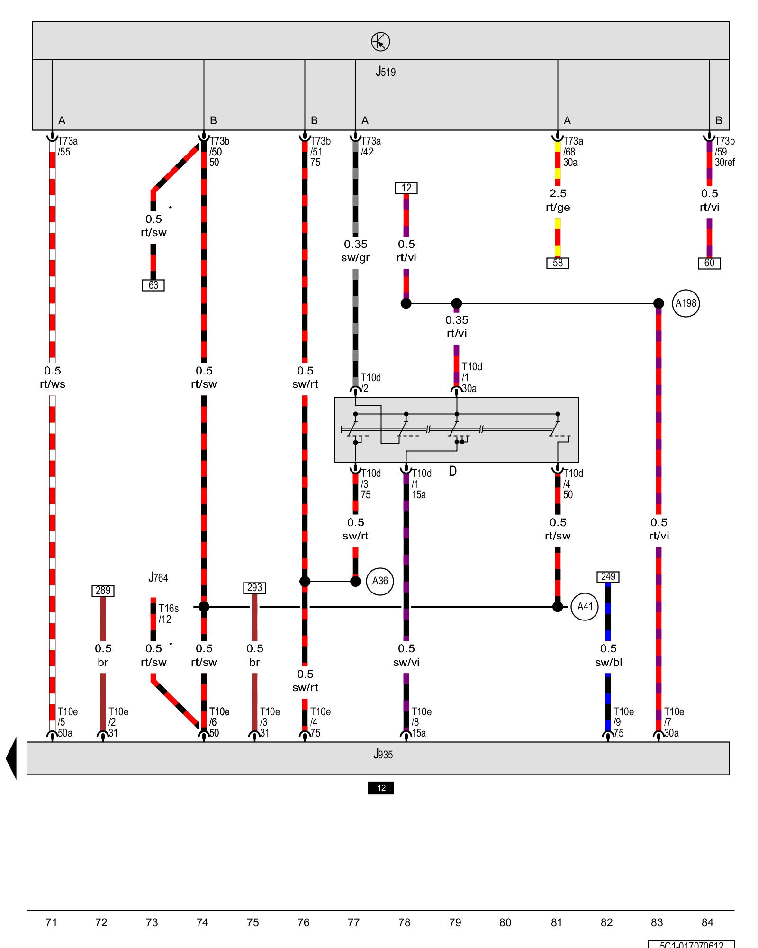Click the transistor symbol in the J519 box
click(x=380, y=42)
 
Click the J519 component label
click(x=386, y=72)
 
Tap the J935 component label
click(x=383, y=754)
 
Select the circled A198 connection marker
click(x=686, y=303)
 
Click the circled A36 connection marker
click(x=380, y=581)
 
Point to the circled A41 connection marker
click(x=585, y=607)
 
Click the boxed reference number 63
click(x=153, y=285)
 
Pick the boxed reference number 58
click(x=558, y=263)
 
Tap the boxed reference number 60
click(x=709, y=263)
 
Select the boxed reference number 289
click(x=103, y=591)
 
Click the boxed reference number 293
click(x=254, y=588)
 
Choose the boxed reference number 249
click(x=608, y=577)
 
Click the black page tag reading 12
click(x=381, y=788)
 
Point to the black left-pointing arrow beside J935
click(x=11, y=758)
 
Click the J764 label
click(x=158, y=578)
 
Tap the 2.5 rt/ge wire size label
click(x=558, y=201)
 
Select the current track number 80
click(x=505, y=922)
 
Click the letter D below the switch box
click(x=452, y=472)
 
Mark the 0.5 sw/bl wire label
click(x=608, y=655)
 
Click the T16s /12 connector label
click(x=168, y=613)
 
